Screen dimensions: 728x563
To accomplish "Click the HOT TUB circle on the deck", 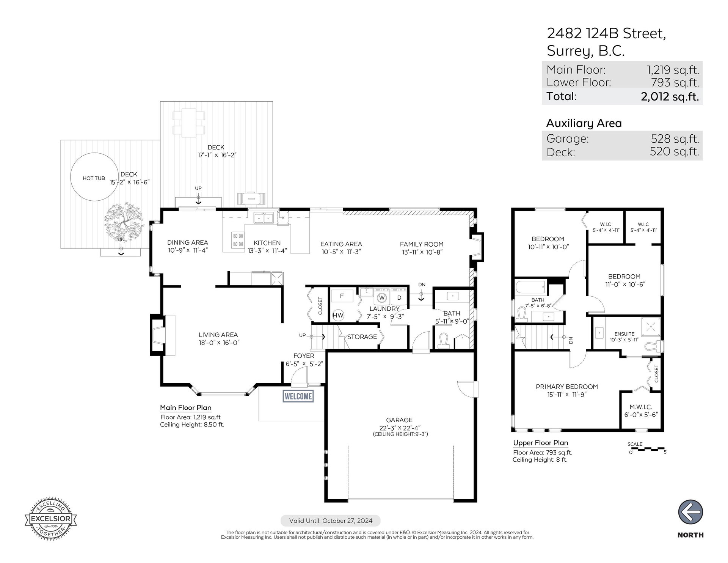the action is pos(94,177).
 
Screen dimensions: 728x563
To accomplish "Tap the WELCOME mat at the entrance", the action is pos(298,396).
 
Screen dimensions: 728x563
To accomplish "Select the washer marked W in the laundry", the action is pos(382,297).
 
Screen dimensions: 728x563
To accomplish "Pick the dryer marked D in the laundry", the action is pos(399,297).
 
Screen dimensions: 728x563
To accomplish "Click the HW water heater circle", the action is pos(338,315).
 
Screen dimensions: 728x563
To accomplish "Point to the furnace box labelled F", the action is pos(342,296).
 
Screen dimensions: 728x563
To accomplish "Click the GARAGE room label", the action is pos(399,420).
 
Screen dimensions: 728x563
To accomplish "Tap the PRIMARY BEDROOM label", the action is pos(566,387).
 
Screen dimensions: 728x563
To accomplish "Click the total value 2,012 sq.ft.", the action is pos(670,96).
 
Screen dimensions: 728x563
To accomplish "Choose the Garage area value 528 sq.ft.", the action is pos(675,138).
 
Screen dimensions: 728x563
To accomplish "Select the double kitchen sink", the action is pos(264,218).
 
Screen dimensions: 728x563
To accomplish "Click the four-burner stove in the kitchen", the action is pos(238,240).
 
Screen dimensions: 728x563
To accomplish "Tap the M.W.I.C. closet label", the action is pos(641,407).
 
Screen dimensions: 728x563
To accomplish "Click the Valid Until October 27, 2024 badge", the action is pos(330,521).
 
